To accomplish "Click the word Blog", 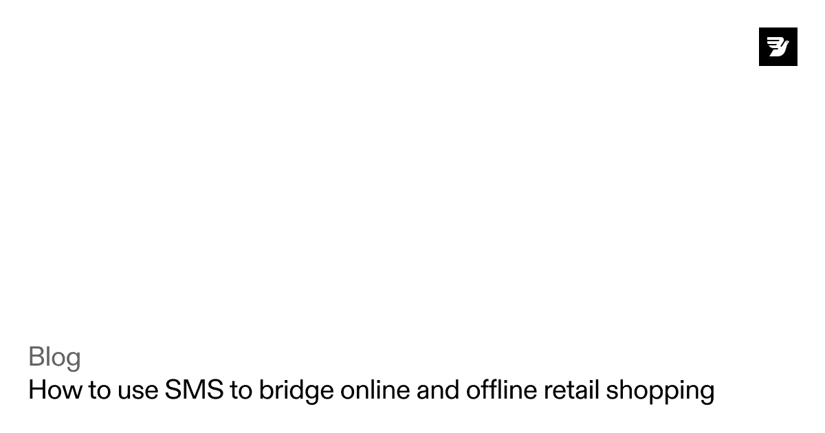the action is (54, 357).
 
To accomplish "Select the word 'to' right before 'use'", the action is (99, 390).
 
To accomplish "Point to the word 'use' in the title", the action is (137, 390).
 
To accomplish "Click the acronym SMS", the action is (194, 390).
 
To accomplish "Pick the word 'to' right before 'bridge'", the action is (241, 390).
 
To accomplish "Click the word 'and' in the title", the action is (438, 390).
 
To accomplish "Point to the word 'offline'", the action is (502, 390).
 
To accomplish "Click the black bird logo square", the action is (778, 47).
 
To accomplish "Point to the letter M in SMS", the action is (194, 390).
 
